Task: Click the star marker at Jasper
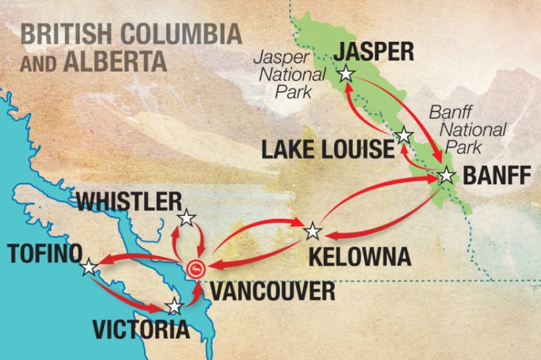pos(346,73)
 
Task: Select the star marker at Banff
pos(446,175)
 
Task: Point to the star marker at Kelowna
pos(312,231)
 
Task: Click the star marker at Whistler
pos(187,218)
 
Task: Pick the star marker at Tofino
pos(88,267)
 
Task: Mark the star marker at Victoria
pos(174,306)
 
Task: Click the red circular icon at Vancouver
pos(196,270)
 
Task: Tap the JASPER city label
pos(370,51)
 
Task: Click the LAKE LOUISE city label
pos(322,150)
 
